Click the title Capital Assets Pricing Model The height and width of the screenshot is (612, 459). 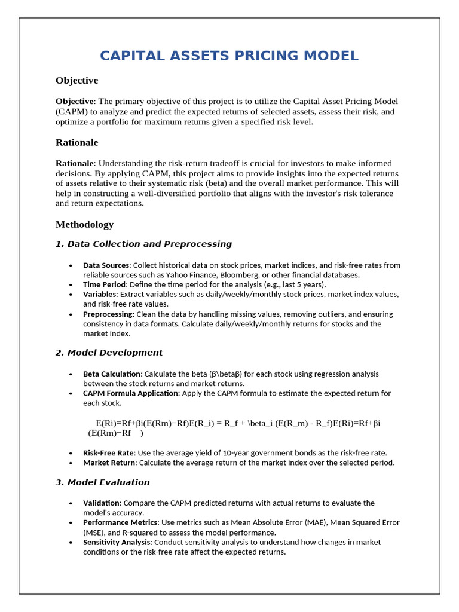[229, 56]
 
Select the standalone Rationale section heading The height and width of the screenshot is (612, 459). [76, 142]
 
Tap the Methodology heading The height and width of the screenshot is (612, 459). [84, 224]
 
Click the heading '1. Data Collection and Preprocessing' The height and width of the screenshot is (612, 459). [143, 244]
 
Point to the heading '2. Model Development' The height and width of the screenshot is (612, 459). [109, 353]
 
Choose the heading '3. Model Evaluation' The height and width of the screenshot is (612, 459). [102, 482]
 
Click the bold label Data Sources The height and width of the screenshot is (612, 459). [106, 265]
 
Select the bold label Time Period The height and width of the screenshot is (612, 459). [104, 284]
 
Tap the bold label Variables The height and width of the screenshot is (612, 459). [100, 294]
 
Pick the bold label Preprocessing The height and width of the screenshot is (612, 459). [108, 314]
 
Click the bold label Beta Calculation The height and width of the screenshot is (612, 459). [112, 374]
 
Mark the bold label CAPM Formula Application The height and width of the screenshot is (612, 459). [131, 393]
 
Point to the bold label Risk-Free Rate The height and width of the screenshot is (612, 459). [108, 452]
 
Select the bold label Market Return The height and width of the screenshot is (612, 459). [107, 463]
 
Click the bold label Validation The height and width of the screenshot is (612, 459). [101, 503]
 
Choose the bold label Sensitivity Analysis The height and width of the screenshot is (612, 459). [117, 542]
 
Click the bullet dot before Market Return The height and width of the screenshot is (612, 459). [71, 463]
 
